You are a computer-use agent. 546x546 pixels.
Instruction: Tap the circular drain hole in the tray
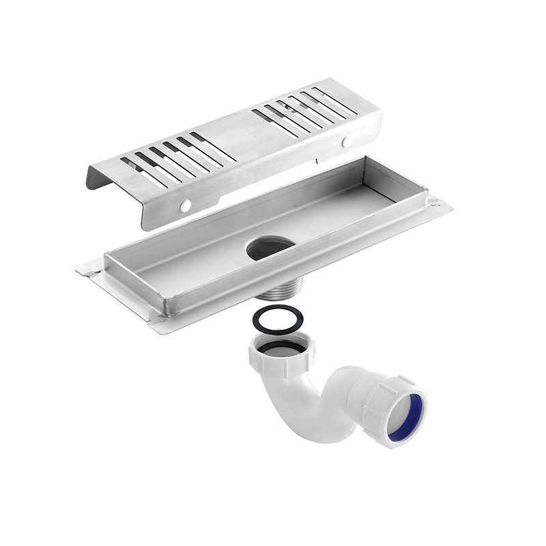pos(271,248)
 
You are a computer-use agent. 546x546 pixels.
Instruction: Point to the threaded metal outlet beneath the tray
pos(276,293)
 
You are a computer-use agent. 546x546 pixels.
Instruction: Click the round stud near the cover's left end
pos(185,205)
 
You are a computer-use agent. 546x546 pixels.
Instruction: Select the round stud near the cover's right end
pos(347,142)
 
